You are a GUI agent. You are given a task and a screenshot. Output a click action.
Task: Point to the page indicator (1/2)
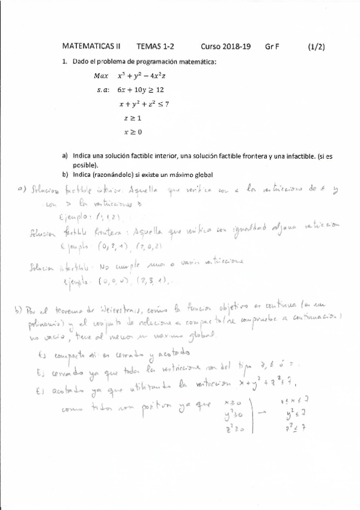tap(316, 46)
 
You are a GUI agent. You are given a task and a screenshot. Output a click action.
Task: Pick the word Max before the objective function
tap(101, 76)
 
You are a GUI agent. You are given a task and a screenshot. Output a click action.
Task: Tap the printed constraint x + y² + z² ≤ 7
tap(144, 103)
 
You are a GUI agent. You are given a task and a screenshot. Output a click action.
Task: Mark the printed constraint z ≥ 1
tap(132, 118)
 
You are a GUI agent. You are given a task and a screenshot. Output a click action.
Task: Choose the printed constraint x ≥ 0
tap(132, 131)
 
